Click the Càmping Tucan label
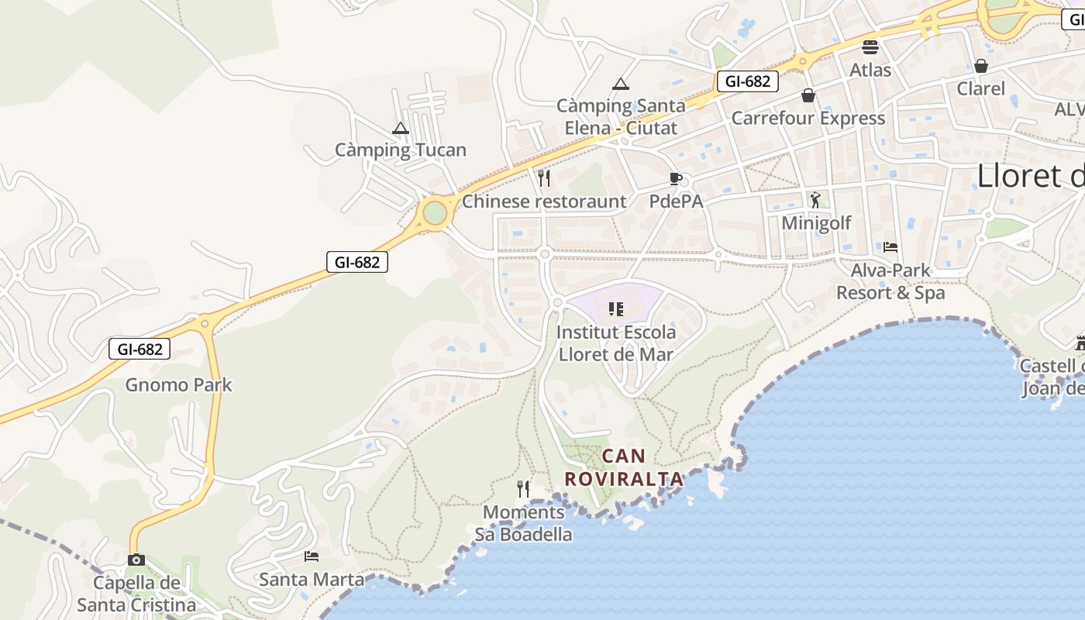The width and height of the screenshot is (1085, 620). [401, 150]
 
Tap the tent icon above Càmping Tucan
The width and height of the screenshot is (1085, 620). [401, 128]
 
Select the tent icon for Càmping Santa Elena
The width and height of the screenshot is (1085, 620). [620, 84]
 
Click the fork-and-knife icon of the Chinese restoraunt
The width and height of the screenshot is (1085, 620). [544, 178]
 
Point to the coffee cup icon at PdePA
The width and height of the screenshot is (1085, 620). [676, 179]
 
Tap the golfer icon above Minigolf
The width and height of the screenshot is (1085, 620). [815, 200]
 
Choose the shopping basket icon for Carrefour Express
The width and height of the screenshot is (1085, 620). [808, 95]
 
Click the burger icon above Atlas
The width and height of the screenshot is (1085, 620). [870, 46]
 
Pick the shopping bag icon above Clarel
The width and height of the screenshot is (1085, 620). [981, 66]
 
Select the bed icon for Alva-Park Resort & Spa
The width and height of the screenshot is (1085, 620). [890, 247]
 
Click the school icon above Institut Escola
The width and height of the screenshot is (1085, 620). [616, 309]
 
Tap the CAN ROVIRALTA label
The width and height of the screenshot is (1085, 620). [624, 467]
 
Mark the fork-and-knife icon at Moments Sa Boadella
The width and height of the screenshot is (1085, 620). [523, 488]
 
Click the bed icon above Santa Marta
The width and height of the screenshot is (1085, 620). [312, 556]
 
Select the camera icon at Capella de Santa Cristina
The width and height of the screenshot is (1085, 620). [136, 560]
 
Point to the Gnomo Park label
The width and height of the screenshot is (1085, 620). [178, 384]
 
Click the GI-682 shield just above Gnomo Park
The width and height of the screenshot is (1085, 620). [139, 349]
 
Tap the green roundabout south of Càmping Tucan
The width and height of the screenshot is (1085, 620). [436, 212]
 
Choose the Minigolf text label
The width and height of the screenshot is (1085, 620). [816, 223]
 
